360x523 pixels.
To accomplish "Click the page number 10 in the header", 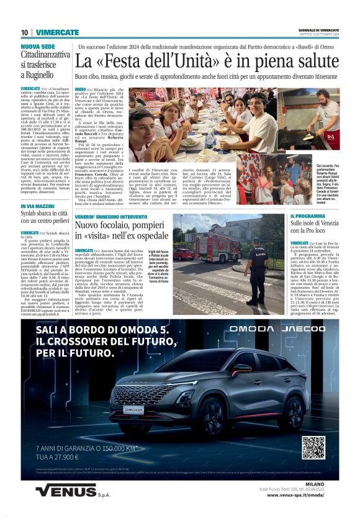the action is click(x=24, y=32).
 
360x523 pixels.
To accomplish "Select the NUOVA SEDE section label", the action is click(x=38, y=47).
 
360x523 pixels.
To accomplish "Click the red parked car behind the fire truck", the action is click(x=183, y=254).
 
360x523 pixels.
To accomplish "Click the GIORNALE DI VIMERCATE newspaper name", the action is click(x=319, y=30).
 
